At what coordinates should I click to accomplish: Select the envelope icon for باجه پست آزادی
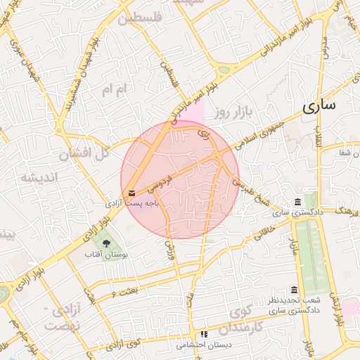[x=132, y=193]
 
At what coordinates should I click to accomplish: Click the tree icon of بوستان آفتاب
[x=106, y=243]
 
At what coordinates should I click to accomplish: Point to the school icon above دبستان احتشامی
[x=204, y=335]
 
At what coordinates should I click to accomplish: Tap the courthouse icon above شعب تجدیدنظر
[x=293, y=290]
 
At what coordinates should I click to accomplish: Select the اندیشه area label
[x=37, y=176]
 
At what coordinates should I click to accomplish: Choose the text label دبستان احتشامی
[x=200, y=345]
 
